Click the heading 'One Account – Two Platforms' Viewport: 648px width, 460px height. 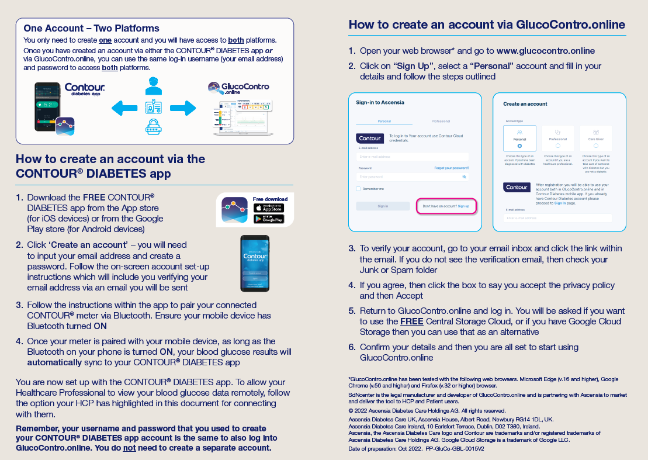coord(91,28)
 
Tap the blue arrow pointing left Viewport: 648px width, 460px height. coord(124,108)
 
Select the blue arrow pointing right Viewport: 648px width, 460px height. coord(183,108)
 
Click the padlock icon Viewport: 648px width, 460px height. coord(154,127)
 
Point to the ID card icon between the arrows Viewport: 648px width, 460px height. coord(154,108)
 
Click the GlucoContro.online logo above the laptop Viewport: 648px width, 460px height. coord(238,89)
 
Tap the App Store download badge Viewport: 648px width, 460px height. coord(269,208)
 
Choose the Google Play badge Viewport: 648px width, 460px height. coord(269,219)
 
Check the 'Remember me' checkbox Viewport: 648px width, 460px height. coord(358,189)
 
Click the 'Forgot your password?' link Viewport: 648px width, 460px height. coord(451,168)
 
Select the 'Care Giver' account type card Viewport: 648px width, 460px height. coord(595,139)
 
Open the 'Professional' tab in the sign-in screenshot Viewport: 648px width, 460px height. coord(441,121)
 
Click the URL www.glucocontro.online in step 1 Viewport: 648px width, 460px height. coord(546,51)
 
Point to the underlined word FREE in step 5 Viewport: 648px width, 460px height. coord(411,321)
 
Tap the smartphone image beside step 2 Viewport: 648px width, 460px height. coord(255,263)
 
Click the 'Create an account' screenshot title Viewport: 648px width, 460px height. coord(525,104)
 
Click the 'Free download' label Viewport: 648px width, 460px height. coord(270,199)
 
